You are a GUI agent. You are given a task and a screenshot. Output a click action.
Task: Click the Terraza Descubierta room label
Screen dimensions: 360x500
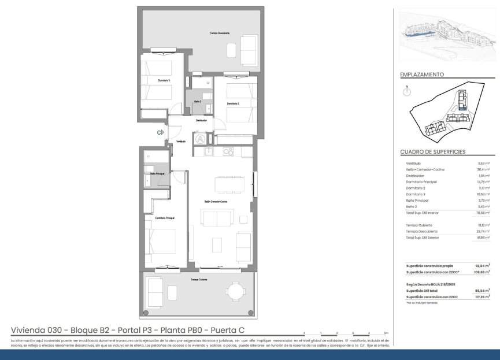220,34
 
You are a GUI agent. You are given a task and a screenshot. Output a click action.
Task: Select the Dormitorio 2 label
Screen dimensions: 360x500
233,103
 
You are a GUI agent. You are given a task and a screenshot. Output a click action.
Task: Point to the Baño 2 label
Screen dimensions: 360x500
197,101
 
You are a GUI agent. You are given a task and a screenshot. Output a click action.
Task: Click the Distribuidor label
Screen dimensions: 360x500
201,120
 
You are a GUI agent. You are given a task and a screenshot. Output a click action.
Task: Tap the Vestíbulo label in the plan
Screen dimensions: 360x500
181,141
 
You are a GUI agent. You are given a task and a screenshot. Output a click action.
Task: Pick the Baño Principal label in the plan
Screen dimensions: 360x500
157,173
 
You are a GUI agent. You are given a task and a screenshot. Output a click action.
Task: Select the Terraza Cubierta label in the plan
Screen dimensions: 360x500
199,279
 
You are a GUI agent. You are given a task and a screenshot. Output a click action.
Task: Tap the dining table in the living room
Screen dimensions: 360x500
229,184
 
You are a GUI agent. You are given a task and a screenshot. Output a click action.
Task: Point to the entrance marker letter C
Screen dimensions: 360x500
159,132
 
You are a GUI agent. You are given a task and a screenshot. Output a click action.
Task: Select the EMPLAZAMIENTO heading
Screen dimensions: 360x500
421,75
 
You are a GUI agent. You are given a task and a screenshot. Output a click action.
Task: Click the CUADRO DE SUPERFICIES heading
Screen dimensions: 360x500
433,152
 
